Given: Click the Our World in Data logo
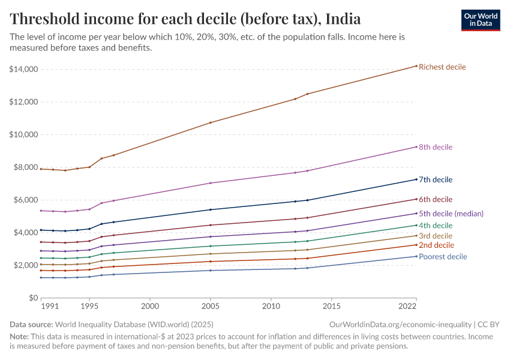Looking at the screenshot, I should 480,20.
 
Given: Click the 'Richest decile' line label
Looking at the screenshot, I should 442,67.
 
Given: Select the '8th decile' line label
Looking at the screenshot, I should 436,147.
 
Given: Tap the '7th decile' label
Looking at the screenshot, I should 436,179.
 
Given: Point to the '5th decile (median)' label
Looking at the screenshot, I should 451,213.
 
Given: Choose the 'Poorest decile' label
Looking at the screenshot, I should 443,257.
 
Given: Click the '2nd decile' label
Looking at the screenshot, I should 436,245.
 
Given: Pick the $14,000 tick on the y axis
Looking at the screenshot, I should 24,70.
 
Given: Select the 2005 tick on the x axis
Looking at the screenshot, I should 211,306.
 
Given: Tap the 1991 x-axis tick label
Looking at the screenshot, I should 50,306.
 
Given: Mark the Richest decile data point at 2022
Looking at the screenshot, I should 416,66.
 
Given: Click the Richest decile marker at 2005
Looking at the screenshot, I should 211,122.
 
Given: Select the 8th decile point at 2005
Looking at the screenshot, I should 211,183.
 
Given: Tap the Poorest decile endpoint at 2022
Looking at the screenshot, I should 416,256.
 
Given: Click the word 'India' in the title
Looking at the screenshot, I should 343,19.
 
